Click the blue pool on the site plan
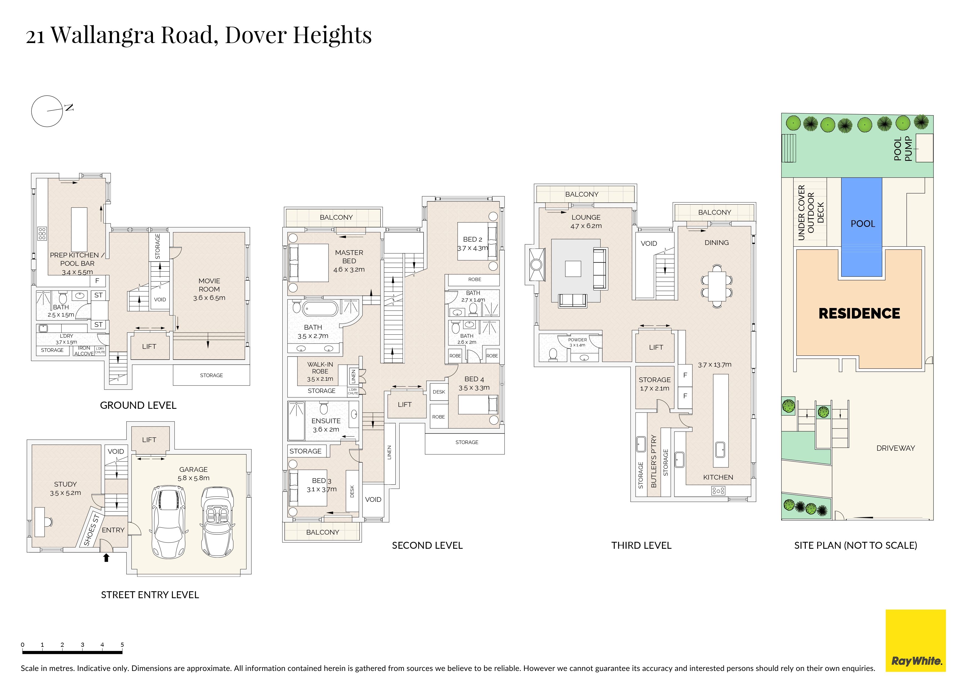861,227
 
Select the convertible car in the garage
218,522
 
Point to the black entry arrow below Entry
106,557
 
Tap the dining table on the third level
717,286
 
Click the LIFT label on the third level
656,347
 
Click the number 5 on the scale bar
122,645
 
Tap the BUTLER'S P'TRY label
653,461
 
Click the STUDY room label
65,484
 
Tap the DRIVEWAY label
895,448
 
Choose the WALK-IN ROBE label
320,368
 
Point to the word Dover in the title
256,35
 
